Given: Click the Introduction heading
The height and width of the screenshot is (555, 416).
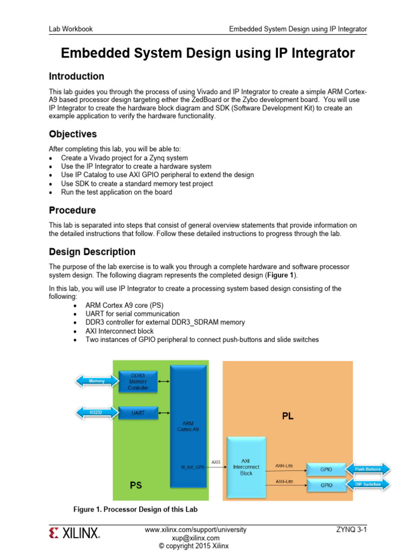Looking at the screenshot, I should (x=76, y=76).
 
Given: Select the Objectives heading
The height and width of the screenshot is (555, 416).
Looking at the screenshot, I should (x=73, y=134).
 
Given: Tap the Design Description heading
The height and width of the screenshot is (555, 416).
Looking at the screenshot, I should (x=92, y=251).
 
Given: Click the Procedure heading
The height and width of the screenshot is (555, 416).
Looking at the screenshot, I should (x=73, y=210).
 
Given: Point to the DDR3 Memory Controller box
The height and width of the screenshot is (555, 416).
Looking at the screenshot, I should (x=138, y=381).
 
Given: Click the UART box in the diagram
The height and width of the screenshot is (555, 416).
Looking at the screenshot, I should (x=138, y=412).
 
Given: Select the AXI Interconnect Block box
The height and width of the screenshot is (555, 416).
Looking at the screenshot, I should (x=246, y=467).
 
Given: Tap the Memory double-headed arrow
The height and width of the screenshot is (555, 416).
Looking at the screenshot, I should (x=97, y=381).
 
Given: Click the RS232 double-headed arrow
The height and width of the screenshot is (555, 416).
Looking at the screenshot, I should (x=97, y=412).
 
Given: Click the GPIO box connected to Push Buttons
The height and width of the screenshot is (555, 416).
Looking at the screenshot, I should (x=326, y=469).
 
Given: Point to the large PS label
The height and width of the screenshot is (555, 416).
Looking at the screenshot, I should (x=135, y=485).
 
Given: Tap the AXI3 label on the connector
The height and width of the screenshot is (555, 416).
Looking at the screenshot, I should (x=216, y=462).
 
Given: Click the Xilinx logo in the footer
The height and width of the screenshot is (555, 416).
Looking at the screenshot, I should (x=75, y=533).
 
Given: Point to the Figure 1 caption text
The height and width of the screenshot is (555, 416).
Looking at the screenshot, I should (x=135, y=509).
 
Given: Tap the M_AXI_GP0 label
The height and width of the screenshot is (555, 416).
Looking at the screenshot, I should (x=193, y=466).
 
